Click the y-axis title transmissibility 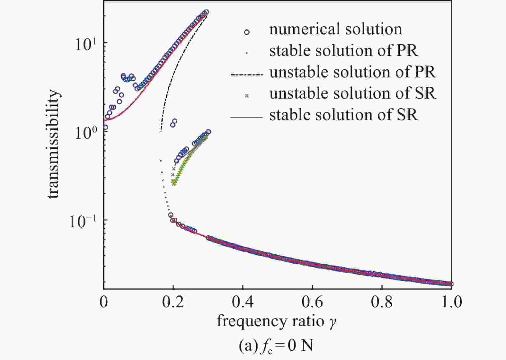pyautogui.click(x=53, y=144)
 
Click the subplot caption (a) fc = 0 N pyautogui.click(x=276, y=346)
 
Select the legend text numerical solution pyautogui.click(x=335, y=29)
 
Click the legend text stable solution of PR pyautogui.click(x=343, y=51)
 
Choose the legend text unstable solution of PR pyautogui.click(x=352, y=72)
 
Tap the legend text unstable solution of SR pyautogui.click(x=352, y=93)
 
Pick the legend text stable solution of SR pyautogui.click(x=343, y=115)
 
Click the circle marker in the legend pyautogui.click(x=247, y=32)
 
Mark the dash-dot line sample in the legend pyautogui.click(x=246, y=75)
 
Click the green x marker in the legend pyautogui.click(x=247, y=96)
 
